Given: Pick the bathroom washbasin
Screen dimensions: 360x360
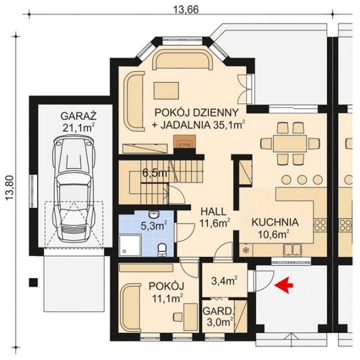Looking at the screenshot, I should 154,214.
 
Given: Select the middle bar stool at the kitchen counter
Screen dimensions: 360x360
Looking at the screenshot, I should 302,179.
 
